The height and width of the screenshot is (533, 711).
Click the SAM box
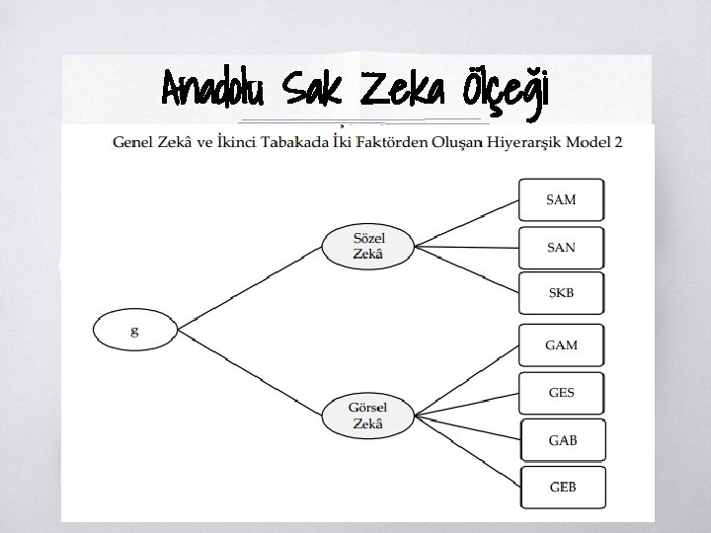[x=561, y=199]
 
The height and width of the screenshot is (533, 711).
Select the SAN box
[x=561, y=247]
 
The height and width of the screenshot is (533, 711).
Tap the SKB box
[x=561, y=294]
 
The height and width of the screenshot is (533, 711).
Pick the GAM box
[x=561, y=345]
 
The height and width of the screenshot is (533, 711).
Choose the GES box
[x=561, y=393]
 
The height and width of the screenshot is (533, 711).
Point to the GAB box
[x=561, y=440]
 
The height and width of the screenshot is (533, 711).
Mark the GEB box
[x=561, y=488]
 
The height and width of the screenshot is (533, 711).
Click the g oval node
[x=135, y=330]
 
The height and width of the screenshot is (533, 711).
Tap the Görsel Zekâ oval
[x=367, y=417]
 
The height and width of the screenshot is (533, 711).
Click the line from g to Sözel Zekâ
[x=251, y=285]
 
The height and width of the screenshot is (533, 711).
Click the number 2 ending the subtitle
[x=618, y=142]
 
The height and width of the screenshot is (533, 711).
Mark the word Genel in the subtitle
[x=137, y=142]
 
